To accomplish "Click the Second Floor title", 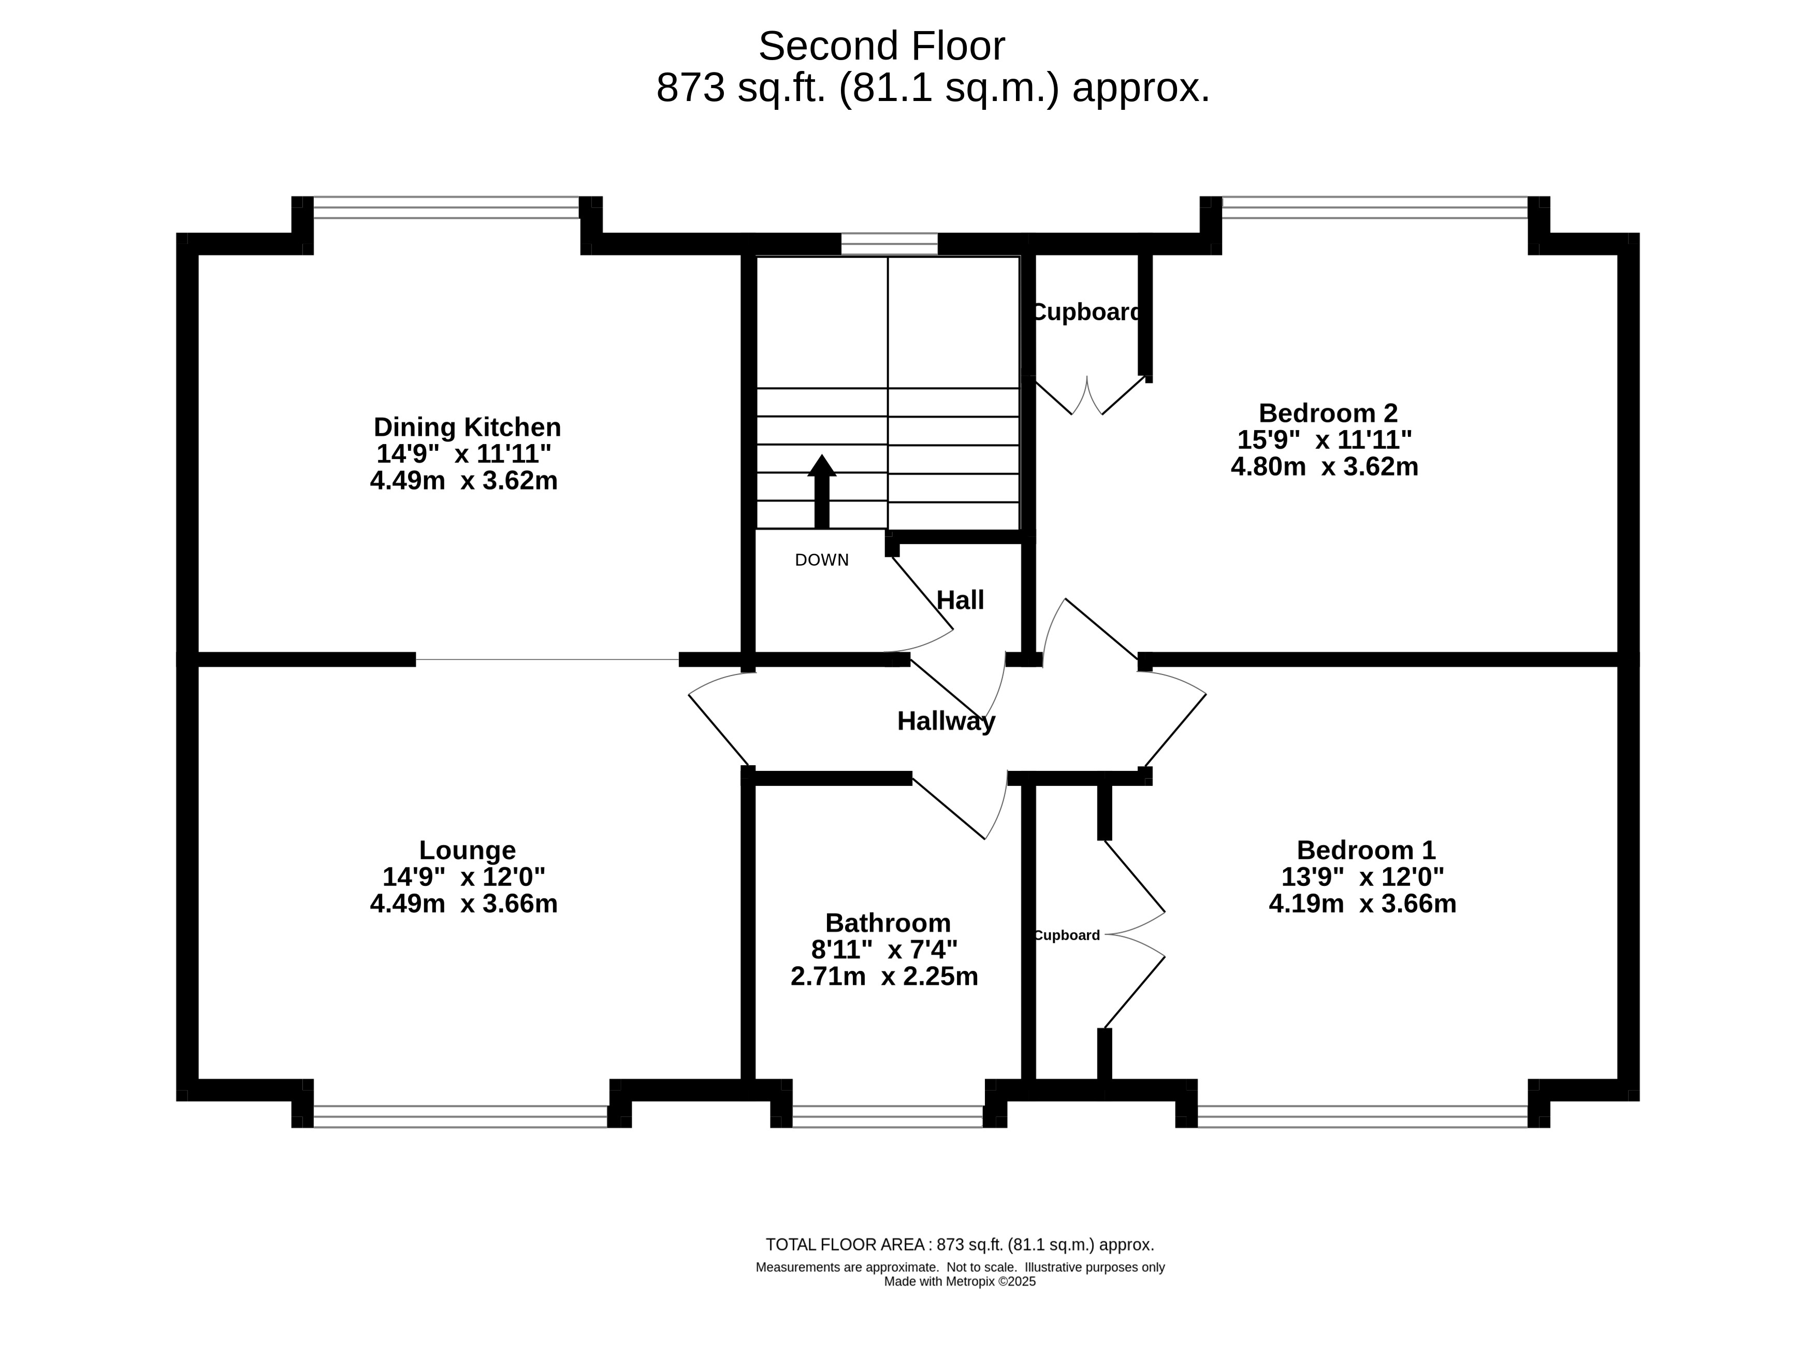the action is [x=881, y=47].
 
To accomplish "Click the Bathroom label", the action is [x=888, y=922].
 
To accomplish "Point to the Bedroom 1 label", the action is [x=1365, y=850].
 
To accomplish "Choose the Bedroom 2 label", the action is [x=1327, y=412].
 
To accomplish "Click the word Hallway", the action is [x=946, y=721].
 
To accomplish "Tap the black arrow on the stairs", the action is [x=822, y=491].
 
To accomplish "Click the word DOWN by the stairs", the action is [x=822, y=560].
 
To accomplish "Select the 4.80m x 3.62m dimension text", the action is [x=1324, y=467].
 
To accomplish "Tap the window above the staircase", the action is [x=889, y=244].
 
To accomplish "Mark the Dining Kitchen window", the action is [x=446, y=208].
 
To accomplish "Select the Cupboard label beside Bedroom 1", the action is [x=1067, y=935].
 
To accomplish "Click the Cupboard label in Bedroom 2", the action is [x=1087, y=312].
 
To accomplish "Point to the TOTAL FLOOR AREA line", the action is [x=960, y=1245].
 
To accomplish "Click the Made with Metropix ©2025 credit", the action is [x=960, y=1282].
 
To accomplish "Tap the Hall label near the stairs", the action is [x=960, y=599].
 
